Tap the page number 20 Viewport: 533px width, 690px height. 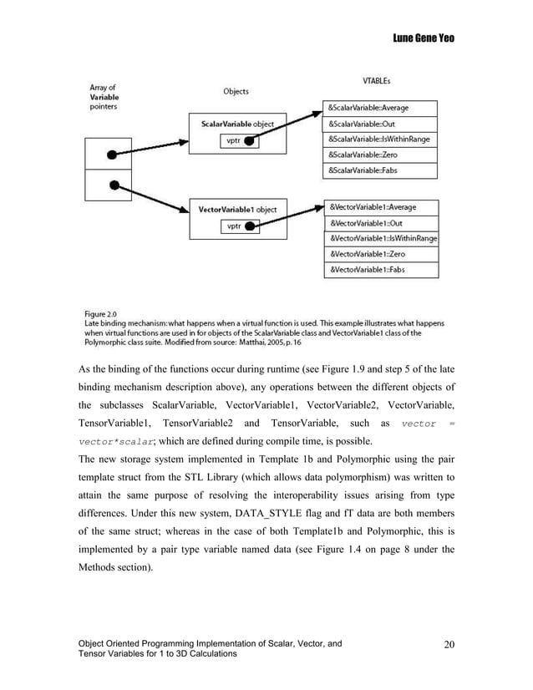click(x=450, y=644)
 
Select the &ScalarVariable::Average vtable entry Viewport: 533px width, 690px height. click(x=378, y=108)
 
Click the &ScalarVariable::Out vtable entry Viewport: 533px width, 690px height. click(x=378, y=124)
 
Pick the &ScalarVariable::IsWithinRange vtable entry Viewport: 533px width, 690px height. click(x=378, y=140)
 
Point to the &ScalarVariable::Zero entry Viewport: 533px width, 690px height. click(x=378, y=155)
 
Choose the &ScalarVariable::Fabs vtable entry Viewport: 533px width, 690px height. click(x=378, y=171)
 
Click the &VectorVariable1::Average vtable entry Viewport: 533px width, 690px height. click(x=378, y=206)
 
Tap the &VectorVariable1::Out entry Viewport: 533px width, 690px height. click(x=378, y=223)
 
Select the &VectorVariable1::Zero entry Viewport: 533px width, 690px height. click(x=378, y=254)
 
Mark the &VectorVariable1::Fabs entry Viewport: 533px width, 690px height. click(x=378, y=270)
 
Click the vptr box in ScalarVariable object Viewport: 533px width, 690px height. click(x=241, y=142)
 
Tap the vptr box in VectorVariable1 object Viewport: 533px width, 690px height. click(x=241, y=226)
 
